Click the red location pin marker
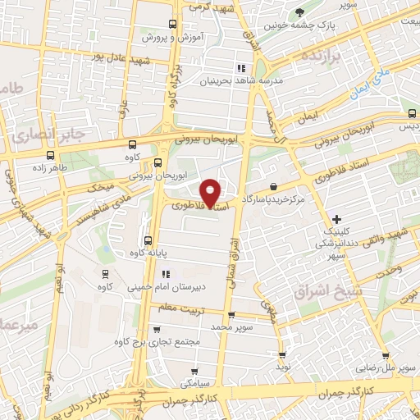pos(211,192)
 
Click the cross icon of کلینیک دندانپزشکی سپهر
pos(336,218)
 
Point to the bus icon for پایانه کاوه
pos(148,240)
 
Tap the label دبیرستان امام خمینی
pos(164,288)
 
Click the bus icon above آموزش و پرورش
pos(171,25)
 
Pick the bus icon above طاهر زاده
pos(52,154)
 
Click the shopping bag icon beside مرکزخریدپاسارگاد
pos(272,187)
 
